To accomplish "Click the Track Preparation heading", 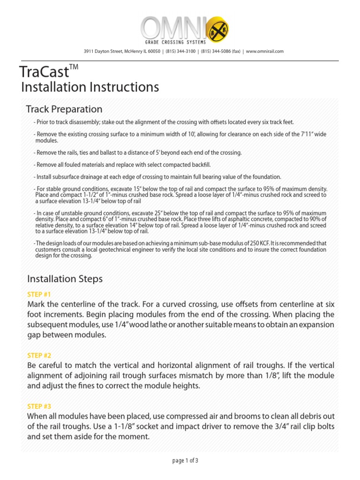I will coord(64,109).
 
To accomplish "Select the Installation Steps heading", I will coord(65,279).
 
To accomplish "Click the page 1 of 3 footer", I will coord(186,460).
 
